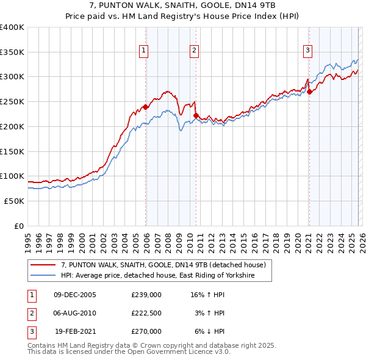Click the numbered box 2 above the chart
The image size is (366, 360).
click(195, 51)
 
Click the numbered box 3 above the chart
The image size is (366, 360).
click(308, 51)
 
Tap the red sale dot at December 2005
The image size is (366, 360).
click(146, 107)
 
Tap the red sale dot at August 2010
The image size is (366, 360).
click(196, 115)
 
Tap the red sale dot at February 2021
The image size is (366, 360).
click(309, 92)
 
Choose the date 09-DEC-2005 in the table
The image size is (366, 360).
click(75, 295)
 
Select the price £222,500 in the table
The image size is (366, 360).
click(146, 313)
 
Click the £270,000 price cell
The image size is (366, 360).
click(146, 331)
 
